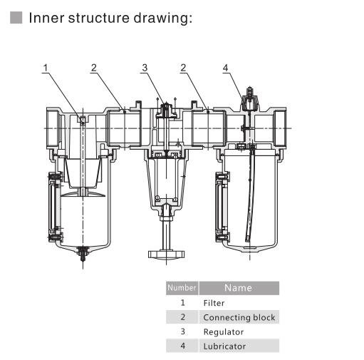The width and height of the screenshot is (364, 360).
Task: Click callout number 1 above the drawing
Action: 45,68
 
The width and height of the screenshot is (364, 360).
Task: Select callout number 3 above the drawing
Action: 144,68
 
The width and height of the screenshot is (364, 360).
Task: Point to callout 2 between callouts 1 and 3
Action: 93,68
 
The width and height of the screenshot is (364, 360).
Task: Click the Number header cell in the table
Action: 181,288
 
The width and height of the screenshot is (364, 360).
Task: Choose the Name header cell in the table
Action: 238,288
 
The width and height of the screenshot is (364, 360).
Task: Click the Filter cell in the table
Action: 214,303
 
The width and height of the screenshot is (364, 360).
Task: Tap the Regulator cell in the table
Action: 223,331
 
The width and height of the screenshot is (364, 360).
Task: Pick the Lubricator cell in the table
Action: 224,346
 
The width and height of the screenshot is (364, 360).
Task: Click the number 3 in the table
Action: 182,331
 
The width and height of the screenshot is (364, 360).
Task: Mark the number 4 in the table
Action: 182,346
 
